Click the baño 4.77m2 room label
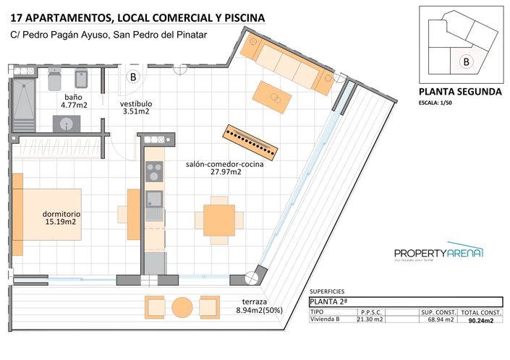pos(73,100)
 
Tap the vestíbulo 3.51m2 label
pos(135,108)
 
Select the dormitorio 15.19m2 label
pos(61,218)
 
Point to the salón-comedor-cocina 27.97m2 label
pos(213,168)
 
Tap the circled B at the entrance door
pos(133,76)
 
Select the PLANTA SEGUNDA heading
pos(460,92)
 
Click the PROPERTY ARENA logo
pos(438,252)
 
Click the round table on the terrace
pos(183,308)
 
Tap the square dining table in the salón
pos(218,217)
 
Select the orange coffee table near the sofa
pos(272,96)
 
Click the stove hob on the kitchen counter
pos(154,171)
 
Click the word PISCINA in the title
pos(242,17)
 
